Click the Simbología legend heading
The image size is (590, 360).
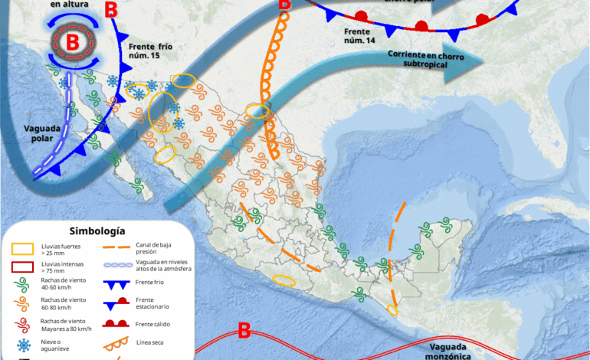[x=97, y=231]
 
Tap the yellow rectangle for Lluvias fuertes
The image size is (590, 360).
[x=22, y=248]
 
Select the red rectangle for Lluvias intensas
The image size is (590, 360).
[x=22, y=267]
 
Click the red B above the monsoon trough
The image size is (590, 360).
[x=244, y=331]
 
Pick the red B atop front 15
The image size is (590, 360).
[x=112, y=10]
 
